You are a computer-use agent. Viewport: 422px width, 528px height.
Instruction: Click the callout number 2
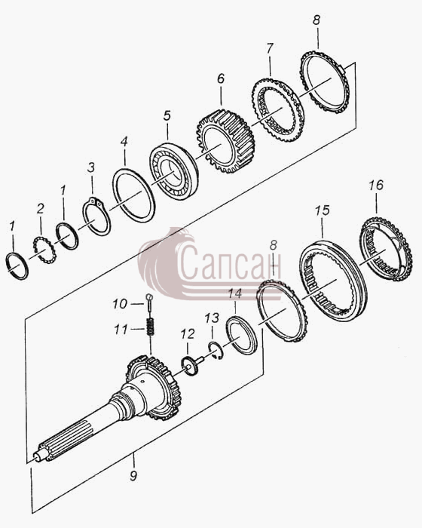(x=41, y=209)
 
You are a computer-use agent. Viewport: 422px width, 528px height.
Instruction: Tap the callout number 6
(x=221, y=78)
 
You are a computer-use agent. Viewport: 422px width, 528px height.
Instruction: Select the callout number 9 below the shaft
(x=133, y=476)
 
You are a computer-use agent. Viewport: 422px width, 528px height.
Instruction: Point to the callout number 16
(x=375, y=185)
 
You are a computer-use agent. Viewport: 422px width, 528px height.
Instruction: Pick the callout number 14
(x=235, y=293)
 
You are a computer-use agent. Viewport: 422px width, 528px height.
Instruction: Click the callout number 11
(x=121, y=330)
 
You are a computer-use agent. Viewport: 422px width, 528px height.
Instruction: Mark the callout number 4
(x=124, y=142)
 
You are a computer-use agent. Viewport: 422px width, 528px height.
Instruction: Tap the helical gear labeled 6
(x=225, y=140)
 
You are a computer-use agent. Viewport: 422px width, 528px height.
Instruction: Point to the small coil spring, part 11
(x=150, y=327)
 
